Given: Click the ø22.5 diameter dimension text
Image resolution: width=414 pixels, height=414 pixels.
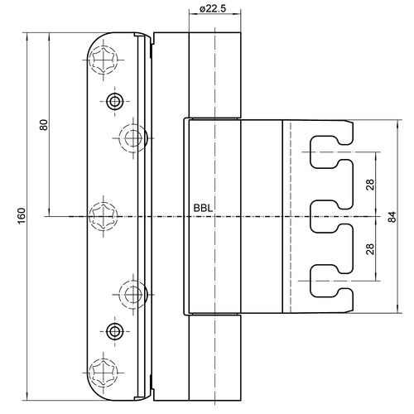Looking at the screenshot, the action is point(212,8).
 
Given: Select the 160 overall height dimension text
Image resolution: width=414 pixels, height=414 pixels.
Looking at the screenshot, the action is point(22,216).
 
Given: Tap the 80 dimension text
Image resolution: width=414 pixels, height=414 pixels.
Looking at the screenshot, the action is point(44,125).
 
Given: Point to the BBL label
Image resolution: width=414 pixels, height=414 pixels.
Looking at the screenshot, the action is point(203,208).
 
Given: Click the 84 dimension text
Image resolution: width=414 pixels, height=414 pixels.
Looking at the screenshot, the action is point(392,217).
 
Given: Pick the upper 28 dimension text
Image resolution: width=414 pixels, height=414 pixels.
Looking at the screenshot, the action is point(370,185).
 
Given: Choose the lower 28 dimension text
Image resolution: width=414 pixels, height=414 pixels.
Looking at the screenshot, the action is point(370,248).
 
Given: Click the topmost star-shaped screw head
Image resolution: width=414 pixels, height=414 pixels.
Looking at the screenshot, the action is point(103,60).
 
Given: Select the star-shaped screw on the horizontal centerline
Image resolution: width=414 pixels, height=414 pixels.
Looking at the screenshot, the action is point(103,216).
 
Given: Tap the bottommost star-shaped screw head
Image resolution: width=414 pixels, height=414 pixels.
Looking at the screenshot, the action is point(103,373).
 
